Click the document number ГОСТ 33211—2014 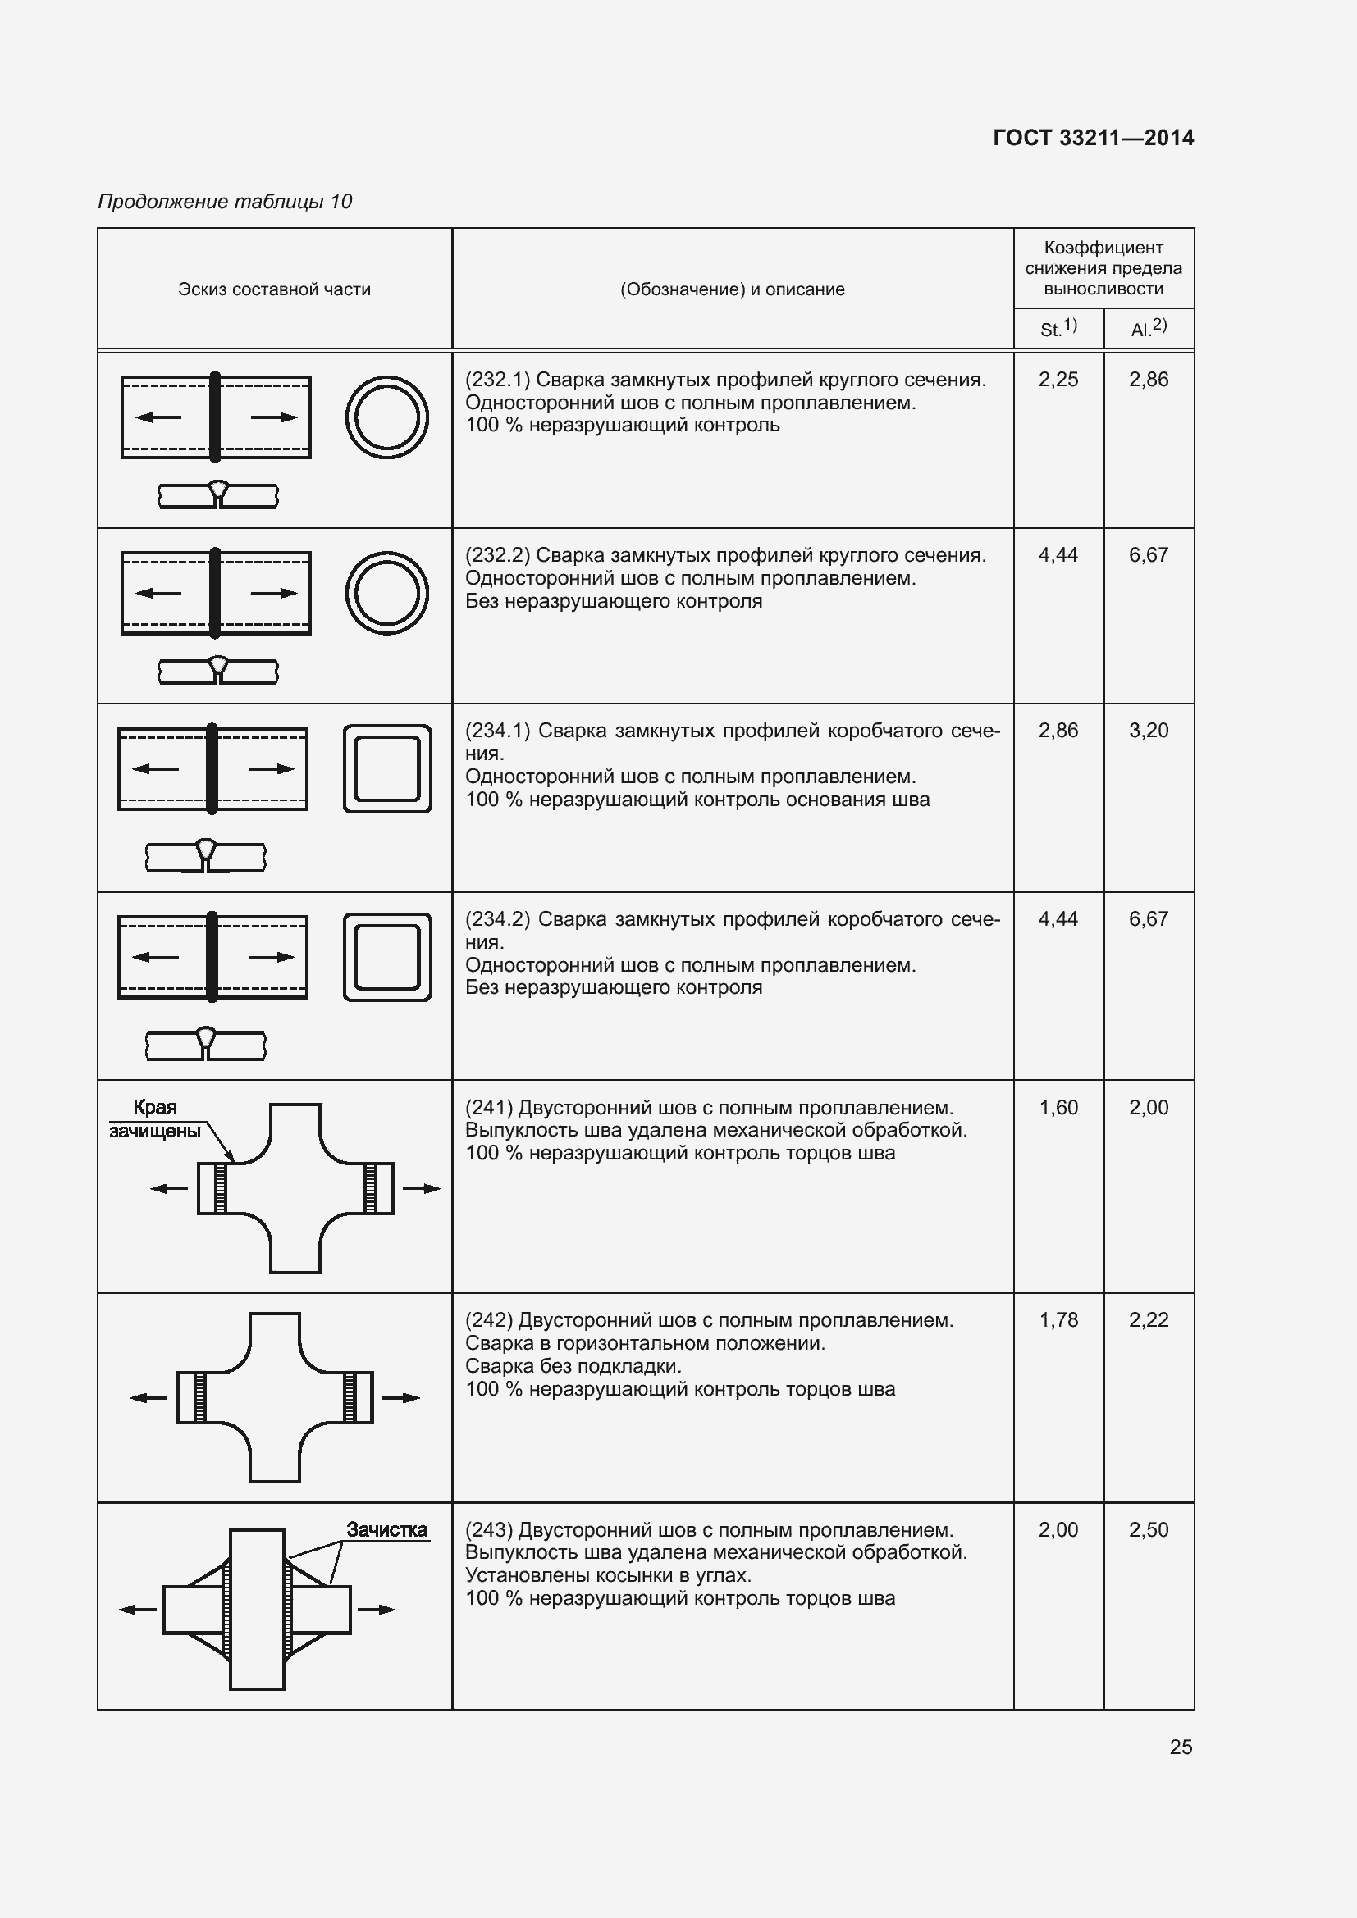pos(1093,138)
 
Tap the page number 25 pos(1181,1747)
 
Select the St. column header pos(1058,328)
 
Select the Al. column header pos(1148,328)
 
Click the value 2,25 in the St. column pos(1058,380)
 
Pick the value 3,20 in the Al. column pos(1148,731)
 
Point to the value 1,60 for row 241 pos(1058,1108)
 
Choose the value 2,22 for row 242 pos(1148,1320)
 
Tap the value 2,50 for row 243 pos(1148,1529)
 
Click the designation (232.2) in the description pos(497,555)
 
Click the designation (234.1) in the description pos(497,731)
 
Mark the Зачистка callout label pos(387,1529)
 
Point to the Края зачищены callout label pos(155,1119)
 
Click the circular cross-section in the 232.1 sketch pos(387,417)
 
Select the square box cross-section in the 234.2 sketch pos(387,957)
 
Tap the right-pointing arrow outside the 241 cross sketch pos(421,1189)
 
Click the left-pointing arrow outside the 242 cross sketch pos(149,1398)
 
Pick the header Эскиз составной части pos(274,289)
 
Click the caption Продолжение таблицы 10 pos(225,203)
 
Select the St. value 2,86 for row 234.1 pos(1058,731)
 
